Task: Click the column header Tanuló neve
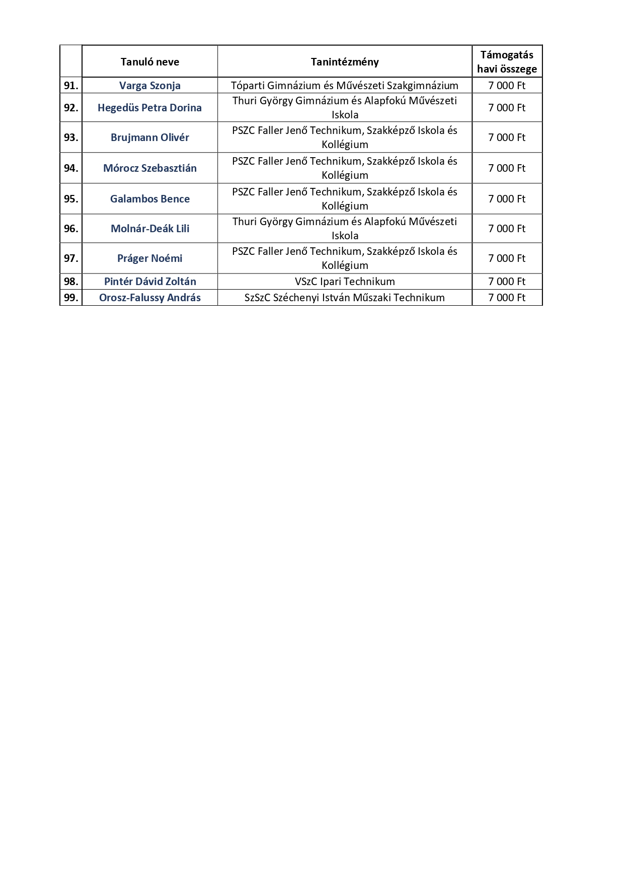coord(149,62)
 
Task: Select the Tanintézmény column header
coord(345,62)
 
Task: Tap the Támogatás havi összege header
coord(507,62)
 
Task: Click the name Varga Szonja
coord(149,86)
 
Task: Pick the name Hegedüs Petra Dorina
coord(149,108)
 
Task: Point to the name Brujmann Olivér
coord(149,138)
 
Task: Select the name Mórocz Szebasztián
coord(149,168)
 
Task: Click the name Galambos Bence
coord(149,199)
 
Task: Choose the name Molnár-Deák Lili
coord(149,229)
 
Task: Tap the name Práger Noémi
coord(149,258)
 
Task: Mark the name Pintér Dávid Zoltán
coord(149,282)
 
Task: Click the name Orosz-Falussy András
coord(149,298)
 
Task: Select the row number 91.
coord(71,86)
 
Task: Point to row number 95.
coord(71,199)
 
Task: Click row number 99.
coord(71,298)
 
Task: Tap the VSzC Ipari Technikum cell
coord(345,282)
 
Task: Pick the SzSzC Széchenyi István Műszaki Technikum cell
coord(345,298)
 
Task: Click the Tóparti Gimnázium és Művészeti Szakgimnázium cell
coord(345,86)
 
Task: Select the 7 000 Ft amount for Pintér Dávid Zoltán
coord(507,282)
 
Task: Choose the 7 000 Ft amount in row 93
coord(507,138)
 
